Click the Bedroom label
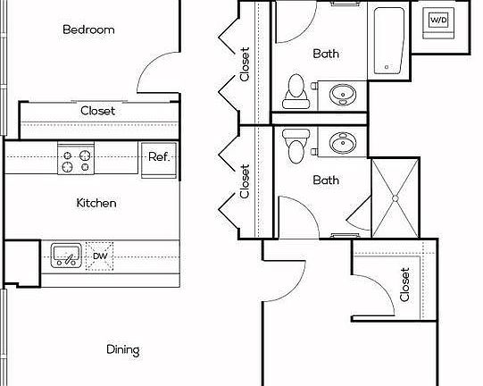[x=88, y=29]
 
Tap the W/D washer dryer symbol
[x=438, y=21]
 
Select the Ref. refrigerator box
[x=159, y=157]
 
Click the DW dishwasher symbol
[x=100, y=257]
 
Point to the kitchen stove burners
[x=75, y=160]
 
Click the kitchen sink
[x=64, y=256]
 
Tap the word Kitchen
[x=96, y=203]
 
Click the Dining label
[x=122, y=349]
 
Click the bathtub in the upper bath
[x=387, y=41]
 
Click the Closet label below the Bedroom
[x=97, y=112]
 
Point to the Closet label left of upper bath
[x=245, y=63]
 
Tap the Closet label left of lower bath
[x=245, y=180]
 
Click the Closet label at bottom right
[x=404, y=284]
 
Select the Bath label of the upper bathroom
[x=326, y=54]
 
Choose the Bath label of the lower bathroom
[x=326, y=180]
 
